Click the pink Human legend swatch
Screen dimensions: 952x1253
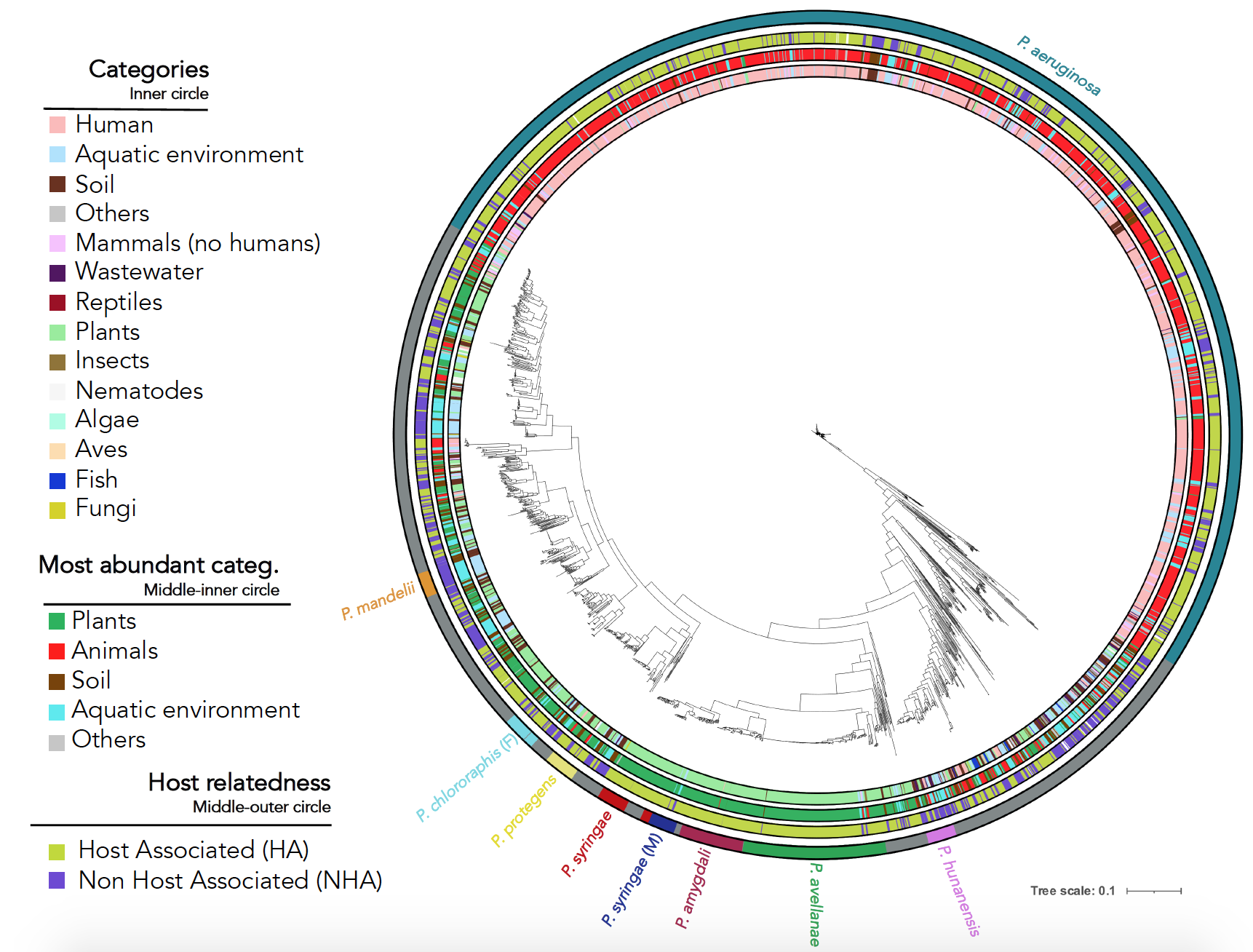click(57, 124)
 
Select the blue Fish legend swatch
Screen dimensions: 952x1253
click(57, 480)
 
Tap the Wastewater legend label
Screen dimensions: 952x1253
click(139, 271)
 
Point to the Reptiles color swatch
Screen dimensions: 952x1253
click(57, 303)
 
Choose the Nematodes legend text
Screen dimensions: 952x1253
click(139, 391)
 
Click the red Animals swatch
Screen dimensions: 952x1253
click(57, 651)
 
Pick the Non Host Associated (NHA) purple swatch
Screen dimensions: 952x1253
click(57, 881)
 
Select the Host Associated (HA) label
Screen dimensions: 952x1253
click(194, 850)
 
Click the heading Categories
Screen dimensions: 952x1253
click(148, 69)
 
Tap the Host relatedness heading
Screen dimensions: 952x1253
click(239, 782)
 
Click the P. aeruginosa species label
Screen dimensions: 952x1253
click(1058, 66)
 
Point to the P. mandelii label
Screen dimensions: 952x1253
click(378, 601)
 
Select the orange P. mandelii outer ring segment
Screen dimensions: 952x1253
click(428, 584)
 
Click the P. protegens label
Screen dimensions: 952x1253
click(522, 811)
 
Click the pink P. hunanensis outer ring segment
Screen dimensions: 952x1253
click(941, 834)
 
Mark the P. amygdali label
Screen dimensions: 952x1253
click(693, 889)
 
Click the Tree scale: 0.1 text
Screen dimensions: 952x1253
click(1072, 891)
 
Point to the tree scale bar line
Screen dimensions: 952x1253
click(1153, 891)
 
